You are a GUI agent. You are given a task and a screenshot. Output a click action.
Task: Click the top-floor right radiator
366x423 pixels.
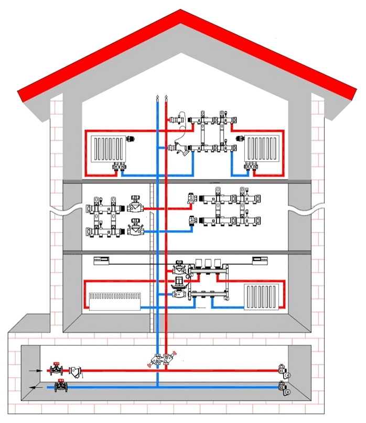pyautogui.click(x=263, y=149)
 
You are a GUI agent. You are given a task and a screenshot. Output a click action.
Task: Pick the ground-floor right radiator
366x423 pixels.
pyautogui.click(x=260, y=297)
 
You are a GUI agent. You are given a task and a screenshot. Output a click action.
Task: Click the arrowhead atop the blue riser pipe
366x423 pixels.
pyautogui.click(x=157, y=98)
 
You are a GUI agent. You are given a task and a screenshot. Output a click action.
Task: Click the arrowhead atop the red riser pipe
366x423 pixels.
pyautogui.click(x=166, y=98)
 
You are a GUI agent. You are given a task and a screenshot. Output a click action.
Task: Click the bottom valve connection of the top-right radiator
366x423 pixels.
pyautogui.click(x=250, y=168)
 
